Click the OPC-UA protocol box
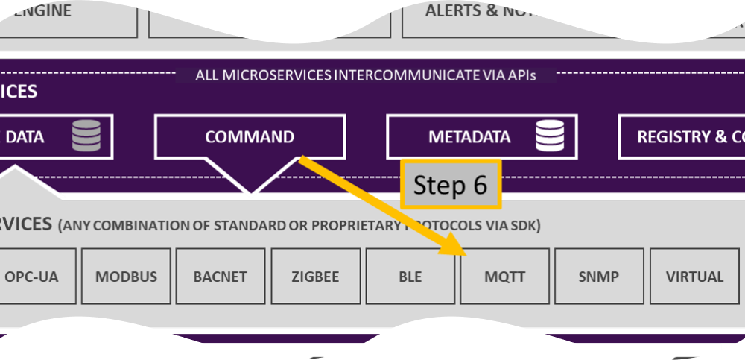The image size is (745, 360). coord(31,277)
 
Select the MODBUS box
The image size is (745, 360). coord(126,277)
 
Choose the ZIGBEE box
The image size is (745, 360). coord(315,277)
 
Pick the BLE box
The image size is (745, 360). coord(410,277)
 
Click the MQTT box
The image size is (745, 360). coord(504,277)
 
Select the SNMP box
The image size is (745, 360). coord(598,277)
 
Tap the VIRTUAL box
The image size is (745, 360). coord(694,277)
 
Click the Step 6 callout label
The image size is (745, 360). coord(451,185)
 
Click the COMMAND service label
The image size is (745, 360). coord(250,137)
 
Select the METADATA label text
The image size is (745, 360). coord(469,137)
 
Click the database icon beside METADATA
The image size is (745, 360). coord(550,136)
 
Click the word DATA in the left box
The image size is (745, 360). coord(25,137)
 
